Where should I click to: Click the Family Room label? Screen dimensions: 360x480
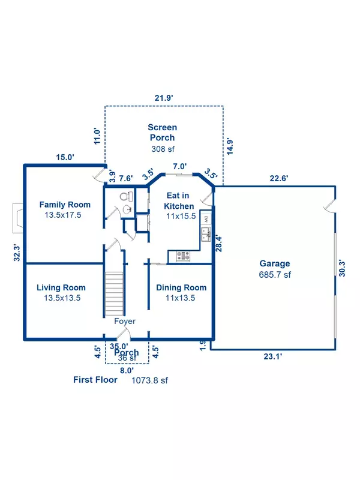[x=65, y=205]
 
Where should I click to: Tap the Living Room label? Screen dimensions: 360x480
[x=61, y=287]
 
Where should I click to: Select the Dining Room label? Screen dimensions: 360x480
[x=181, y=287]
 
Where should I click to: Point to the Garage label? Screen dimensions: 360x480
[x=275, y=263]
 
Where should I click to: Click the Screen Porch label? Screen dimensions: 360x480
[x=162, y=132]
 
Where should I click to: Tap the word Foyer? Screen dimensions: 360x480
[x=125, y=321]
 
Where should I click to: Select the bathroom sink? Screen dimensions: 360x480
[x=127, y=209]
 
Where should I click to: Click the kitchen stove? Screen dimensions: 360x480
[x=183, y=256]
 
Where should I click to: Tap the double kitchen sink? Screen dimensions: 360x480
[x=206, y=234]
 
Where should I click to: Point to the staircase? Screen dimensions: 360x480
[x=114, y=294]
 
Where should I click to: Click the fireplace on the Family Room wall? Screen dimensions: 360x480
[x=18, y=218]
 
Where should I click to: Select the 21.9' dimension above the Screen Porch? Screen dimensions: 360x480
[x=164, y=98]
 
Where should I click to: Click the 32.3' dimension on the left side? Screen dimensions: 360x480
[x=17, y=253]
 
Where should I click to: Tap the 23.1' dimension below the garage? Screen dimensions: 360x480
[x=273, y=356]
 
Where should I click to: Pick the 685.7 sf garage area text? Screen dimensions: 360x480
[x=275, y=275]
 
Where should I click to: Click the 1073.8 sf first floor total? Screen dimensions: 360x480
[x=149, y=380]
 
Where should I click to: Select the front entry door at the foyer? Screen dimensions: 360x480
[x=124, y=334]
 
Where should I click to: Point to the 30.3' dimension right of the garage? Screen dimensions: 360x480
[x=342, y=268]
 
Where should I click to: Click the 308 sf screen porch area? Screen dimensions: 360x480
[x=163, y=149]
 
